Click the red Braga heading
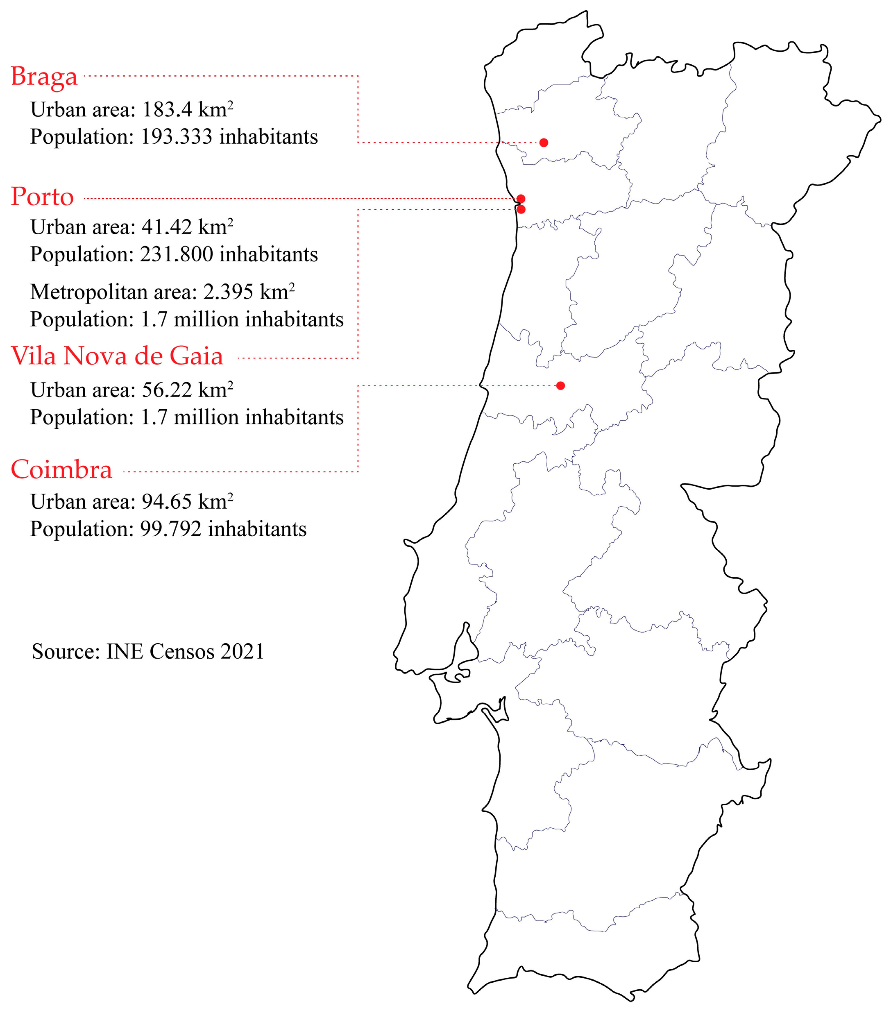click(44, 77)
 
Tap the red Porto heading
click(42, 197)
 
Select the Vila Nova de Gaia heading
click(117, 356)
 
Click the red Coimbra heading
click(61, 469)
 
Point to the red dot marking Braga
click(544, 143)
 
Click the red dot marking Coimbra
click(560, 385)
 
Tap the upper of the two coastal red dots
click(521, 199)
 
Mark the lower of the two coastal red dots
click(521, 210)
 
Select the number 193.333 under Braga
click(177, 137)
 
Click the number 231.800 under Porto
click(177, 254)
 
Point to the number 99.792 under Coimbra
click(170, 529)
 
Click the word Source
click(66, 651)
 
